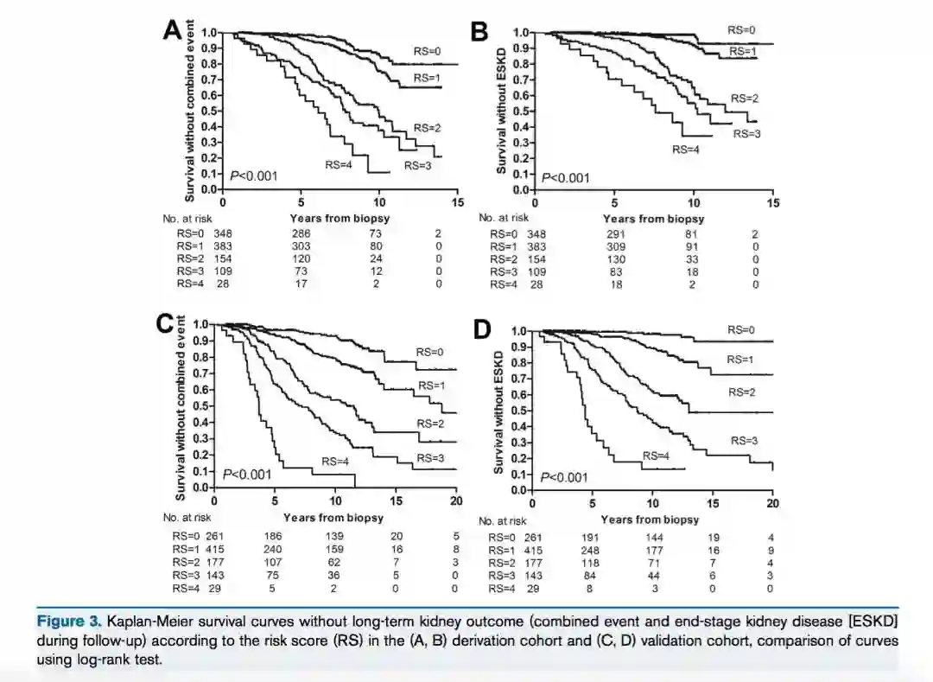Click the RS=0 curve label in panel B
741,29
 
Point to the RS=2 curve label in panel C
429,424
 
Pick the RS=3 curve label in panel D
744,441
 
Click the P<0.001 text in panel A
253,176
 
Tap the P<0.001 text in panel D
564,477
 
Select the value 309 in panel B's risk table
617,246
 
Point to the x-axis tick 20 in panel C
456,500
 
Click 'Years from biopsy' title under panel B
653,219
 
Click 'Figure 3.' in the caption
70,621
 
